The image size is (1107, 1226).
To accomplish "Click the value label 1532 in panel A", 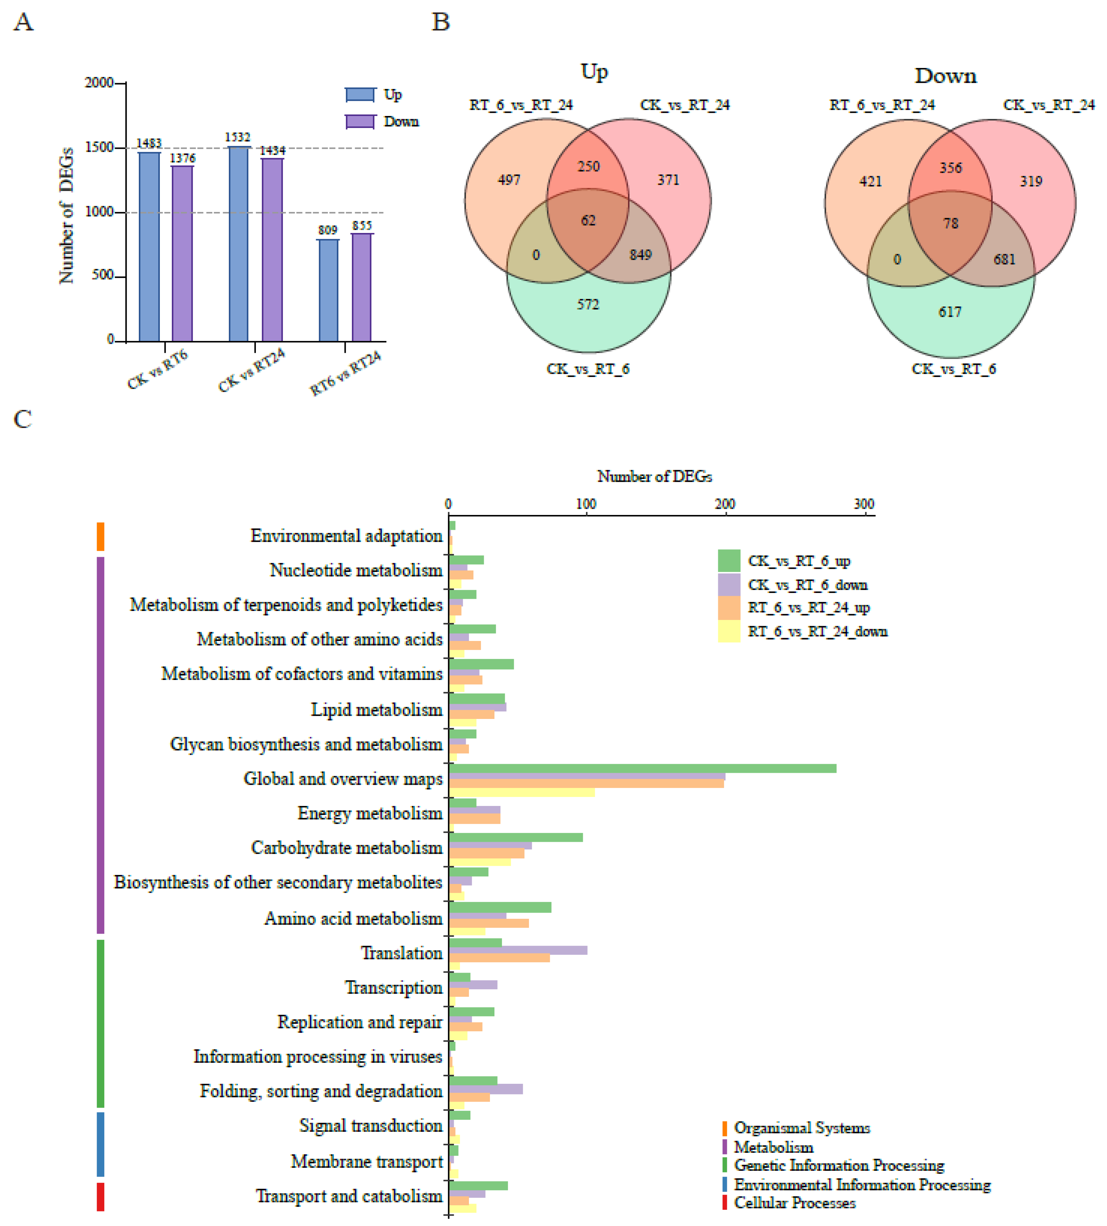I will point(237,137).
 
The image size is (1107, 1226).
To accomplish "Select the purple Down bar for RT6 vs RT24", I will point(362,287).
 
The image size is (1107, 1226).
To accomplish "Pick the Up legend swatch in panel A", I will point(360,95).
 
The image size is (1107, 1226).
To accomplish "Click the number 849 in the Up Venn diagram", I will point(641,255).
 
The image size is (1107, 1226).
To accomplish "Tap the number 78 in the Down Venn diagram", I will point(951,224).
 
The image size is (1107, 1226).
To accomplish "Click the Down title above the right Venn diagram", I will point(946,76).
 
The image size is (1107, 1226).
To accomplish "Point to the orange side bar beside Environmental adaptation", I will point(101,536).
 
